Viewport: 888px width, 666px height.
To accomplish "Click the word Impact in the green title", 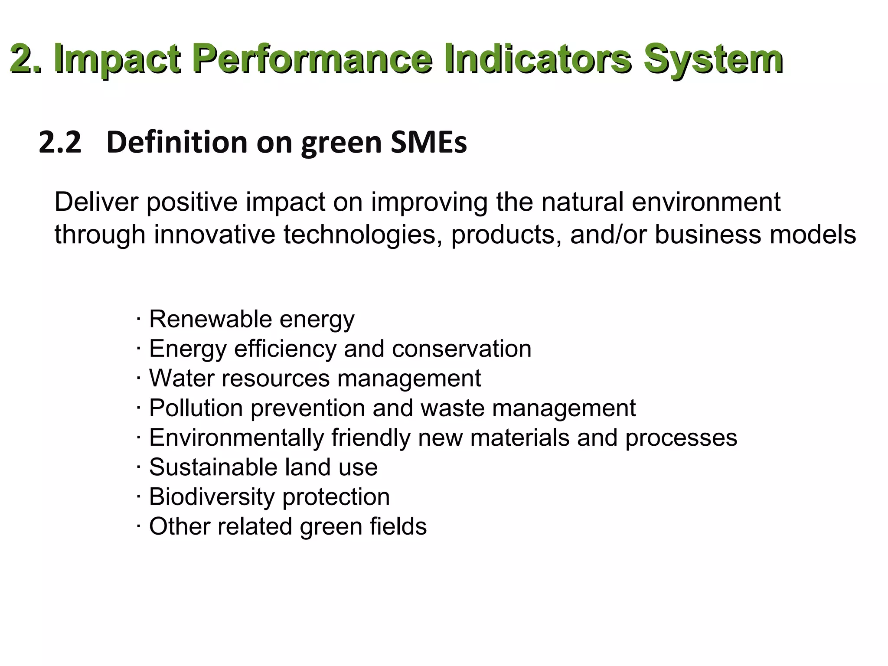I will (x=118, y=59).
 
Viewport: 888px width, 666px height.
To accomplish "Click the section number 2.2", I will (x=60, y=142).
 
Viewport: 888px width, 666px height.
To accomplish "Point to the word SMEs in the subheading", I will (x=428, y=142).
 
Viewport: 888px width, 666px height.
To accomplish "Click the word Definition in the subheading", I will (x=177, y=142).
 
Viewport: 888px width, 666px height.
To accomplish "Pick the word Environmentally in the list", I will (x=237, y=437).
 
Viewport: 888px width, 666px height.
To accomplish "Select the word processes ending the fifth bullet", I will (x=681, y=437).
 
